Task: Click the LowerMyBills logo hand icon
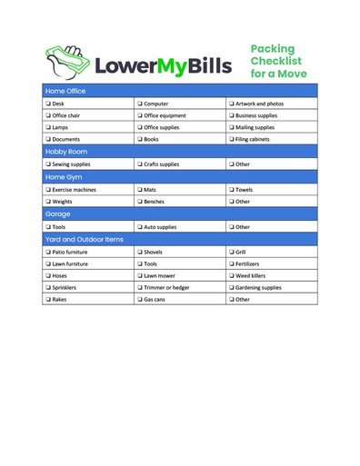point(66,61)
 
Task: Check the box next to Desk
point(48,104)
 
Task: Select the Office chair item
point(65,116)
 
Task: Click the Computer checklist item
point(155,104)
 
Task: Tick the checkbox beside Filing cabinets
point(231,139)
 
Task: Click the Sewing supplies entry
point(71,164)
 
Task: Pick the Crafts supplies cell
point(161,164)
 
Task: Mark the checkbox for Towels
point(231,190)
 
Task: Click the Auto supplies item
point(160,227)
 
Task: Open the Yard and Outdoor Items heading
point(84,239)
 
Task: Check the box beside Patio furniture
point(48,252)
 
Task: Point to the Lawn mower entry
point(159,275)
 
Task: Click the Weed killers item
point(250,275)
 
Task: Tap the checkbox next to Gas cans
point(140,299)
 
